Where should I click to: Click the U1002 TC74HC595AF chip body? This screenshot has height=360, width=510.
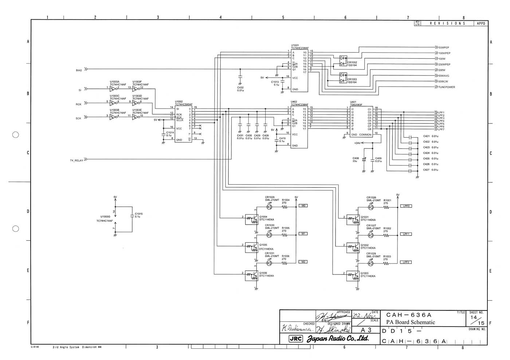[183, 124]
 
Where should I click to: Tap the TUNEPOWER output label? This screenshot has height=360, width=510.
[447, 87]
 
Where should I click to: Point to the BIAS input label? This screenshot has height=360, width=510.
[79, 70]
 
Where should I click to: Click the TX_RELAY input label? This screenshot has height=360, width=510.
[76, 160]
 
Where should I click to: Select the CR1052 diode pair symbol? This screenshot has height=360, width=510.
[343, 61]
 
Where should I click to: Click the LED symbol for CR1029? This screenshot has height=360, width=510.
[269, 207]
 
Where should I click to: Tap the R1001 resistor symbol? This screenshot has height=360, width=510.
[387, 207]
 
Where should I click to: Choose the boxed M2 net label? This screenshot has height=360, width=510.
[303, 262]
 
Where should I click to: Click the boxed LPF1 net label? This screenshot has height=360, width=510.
[406, 234]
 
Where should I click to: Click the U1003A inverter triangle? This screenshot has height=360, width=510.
[113, 88]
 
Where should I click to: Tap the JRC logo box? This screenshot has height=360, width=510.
[295, 339]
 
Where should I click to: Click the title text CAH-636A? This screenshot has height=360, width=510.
[408, 315]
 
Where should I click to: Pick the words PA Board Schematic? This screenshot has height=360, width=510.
[411, 322]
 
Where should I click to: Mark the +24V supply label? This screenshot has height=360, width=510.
[357, 143]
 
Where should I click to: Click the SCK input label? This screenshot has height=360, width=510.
[78, 118]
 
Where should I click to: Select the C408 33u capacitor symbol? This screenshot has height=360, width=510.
[364, 161]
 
